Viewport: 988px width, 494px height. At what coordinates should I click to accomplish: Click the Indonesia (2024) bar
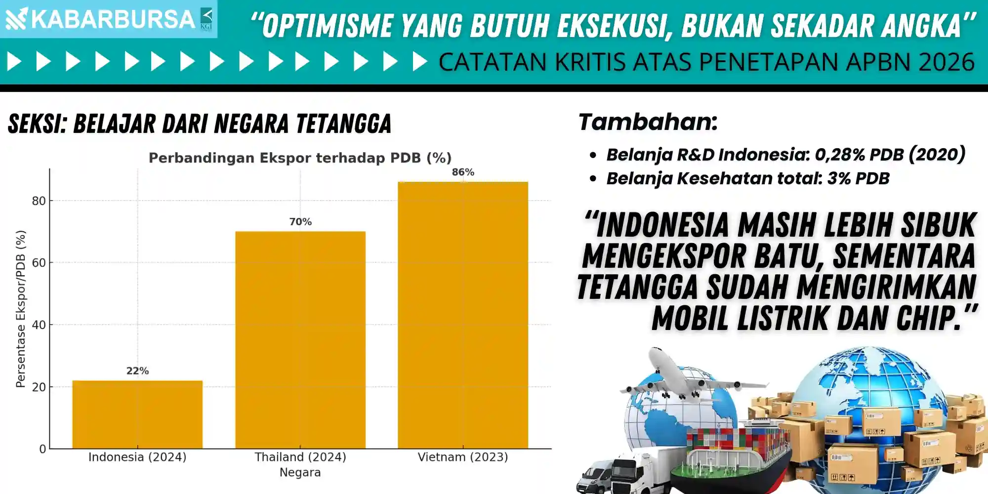pyautogui.click(x=137, y=414)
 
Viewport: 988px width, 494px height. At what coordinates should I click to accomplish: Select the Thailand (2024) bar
pyautogui.click(x=300, y=340)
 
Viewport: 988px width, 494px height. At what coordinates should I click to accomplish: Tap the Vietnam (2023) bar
pyautogui.click(x=463, y=315)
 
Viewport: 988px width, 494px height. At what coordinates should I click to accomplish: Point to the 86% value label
pyautogui.click(x=463, y=172)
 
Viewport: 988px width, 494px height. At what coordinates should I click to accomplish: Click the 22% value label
pyautogui.click(x=137, y=370)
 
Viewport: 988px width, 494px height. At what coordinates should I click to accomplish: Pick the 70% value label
pyautogui.click(x=300, y=222)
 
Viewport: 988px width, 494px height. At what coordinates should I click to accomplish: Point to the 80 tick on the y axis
pyautogui.click(x=39, y=201)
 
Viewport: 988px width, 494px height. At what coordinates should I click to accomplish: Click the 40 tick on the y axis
pyautogui.click(x=39, y=325)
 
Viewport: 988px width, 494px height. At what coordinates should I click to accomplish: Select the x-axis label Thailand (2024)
pyautogui.click(x=300, y=457)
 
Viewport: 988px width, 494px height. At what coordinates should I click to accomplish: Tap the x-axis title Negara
pyautogui.click(x=300, y=472)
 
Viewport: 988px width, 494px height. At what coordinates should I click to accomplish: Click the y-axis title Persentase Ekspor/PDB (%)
pyautogui.click(x=20, y=309)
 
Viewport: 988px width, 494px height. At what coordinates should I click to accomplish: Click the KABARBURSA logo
pyautogui.click(x=109, y=19)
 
